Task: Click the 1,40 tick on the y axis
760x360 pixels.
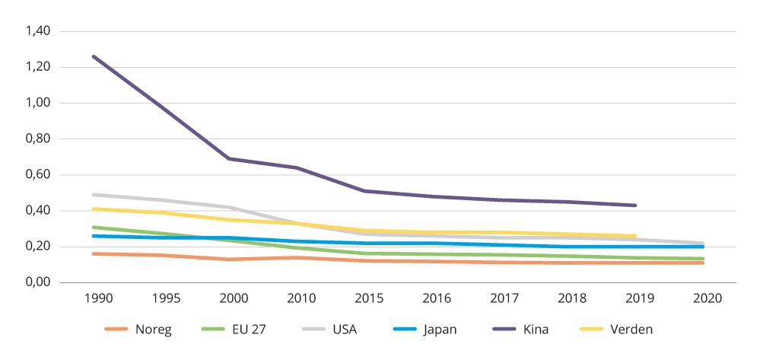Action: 37,31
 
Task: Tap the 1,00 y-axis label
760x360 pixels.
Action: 37,103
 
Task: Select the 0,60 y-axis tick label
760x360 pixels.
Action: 37,175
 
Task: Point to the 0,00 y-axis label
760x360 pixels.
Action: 37,282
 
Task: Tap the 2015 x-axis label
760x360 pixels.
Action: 369,298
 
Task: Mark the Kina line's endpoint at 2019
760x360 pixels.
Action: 635,205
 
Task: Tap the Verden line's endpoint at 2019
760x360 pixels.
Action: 635,236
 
